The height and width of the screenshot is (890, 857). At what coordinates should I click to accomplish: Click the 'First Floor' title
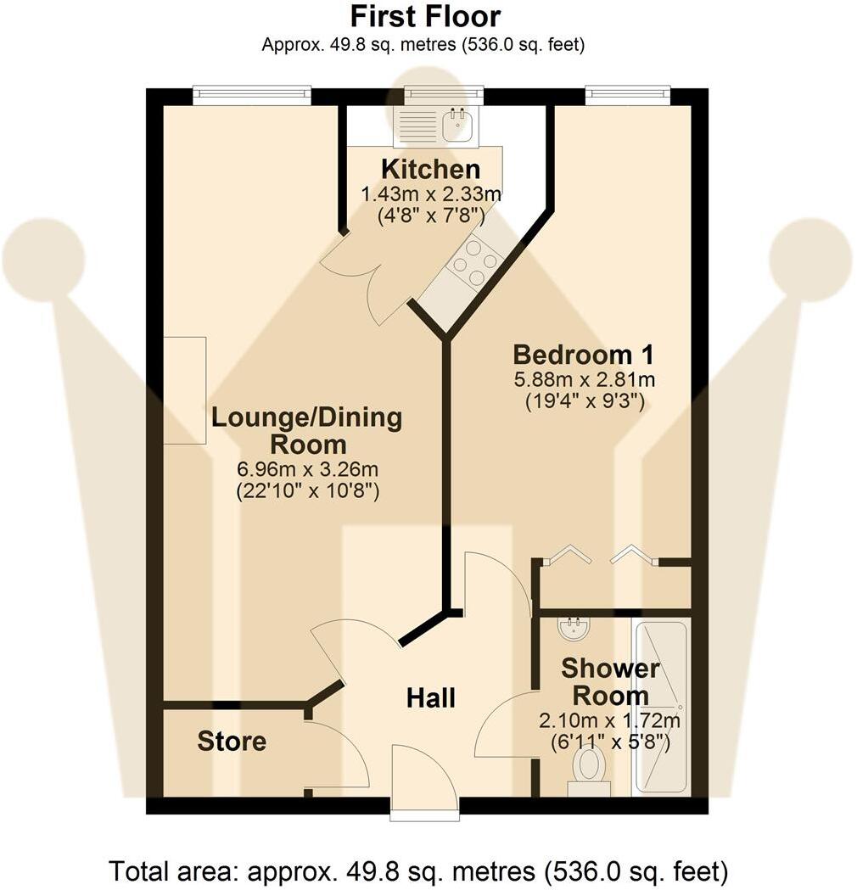(425, 16)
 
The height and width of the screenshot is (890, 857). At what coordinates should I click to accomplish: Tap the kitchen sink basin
(457, 125)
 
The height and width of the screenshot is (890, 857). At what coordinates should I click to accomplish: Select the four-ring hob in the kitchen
(474, 261)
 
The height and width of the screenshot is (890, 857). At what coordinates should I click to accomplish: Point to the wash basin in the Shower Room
(574, 628)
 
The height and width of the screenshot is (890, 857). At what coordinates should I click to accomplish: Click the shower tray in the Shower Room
(662, 706)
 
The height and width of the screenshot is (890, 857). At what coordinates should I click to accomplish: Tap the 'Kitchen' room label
(431, 169)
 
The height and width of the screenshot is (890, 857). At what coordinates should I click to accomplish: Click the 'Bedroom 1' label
(584, 355)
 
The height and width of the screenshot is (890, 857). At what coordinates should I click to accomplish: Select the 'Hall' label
(431, 697)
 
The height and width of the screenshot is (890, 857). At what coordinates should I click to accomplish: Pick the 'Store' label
(232, 742)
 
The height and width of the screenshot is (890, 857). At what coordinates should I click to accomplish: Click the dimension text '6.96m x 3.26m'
(308, 469)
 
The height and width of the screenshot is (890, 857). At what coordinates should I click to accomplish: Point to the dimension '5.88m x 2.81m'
(585, 379)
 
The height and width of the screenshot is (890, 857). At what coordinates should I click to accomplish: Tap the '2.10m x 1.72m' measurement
(609, 721)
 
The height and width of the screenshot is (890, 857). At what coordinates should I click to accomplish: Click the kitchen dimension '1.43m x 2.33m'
(431, 194)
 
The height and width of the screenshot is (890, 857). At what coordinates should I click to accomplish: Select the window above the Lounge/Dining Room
(252, 95)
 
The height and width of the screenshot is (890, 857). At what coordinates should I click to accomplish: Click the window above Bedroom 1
(628, 95)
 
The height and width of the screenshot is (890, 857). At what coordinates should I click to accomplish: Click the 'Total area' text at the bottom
(417, 871)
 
